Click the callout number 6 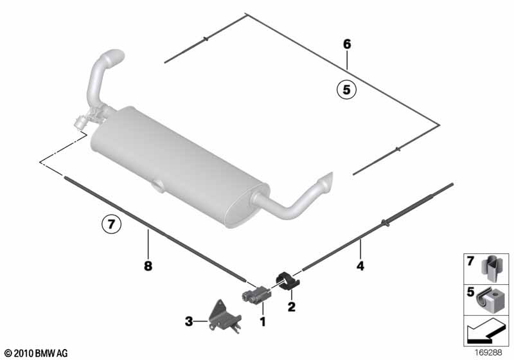click(347, 44)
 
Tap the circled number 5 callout click(346, 89)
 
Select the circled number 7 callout click(111, 224)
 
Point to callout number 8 click(148, 265)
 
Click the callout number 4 click(360, 266)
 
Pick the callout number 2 click(292, 307)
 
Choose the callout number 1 click(263, 321)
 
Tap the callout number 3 click(189, 321)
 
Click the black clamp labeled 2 click(288, 281)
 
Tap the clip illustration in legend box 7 click(490, 269)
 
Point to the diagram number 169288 click(488, 353)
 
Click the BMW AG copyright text click(36, 353)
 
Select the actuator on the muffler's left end click(81, 122)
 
